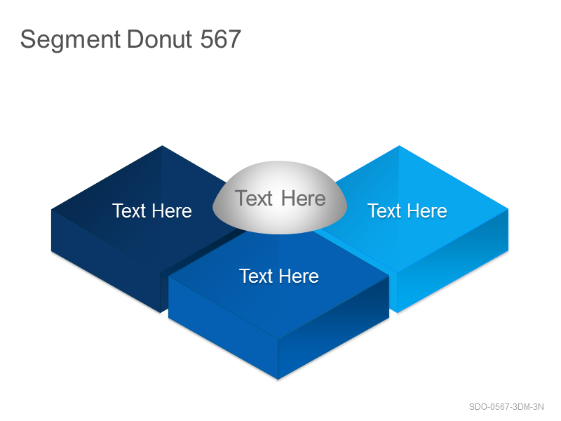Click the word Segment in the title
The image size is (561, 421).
tap(70, 40)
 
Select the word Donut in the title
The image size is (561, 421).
tap(160, 39)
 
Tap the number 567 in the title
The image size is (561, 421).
tap(220, 39)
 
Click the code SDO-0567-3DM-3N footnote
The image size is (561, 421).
tap(506, 407)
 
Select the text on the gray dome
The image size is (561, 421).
tap(280, 198)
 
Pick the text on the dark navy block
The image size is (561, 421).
tap(152, 210)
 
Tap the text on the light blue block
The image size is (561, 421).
tap(407, 210)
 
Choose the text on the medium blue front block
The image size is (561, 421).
tap(279, 276)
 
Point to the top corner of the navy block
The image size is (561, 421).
tap(162, 145)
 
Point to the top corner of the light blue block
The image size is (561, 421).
tap(399, 146)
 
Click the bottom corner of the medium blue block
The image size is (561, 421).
tap(278, 379)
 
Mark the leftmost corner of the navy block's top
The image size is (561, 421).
tap(51, 209)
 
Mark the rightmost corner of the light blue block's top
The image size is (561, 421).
tap(508, 209)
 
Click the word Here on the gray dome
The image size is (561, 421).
tap(304, 198)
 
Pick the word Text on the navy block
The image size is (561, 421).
tap(130, 210)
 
